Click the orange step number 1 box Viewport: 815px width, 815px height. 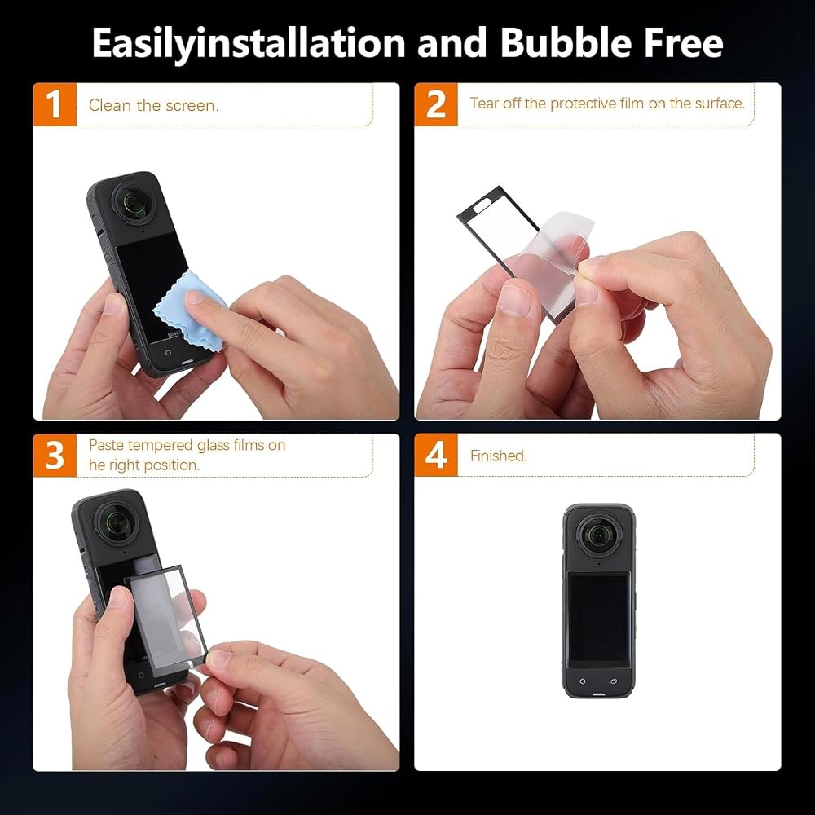(55, 104)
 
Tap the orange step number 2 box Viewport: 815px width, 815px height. (436, 104)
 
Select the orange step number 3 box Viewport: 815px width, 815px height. (55, 456)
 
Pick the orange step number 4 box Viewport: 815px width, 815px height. (436, 456)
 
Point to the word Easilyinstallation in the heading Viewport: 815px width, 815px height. (249, 44)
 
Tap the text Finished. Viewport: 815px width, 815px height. (499, 456)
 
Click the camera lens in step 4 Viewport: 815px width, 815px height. (599, 535)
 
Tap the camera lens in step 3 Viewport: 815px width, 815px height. (117, 524)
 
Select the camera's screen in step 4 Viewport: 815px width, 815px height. (599, 618)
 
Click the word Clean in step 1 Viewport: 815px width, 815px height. (110, 105)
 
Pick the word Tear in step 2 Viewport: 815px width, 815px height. (484, 103)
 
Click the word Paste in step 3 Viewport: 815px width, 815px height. (106, 445)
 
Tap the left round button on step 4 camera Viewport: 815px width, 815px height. (583, 681)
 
